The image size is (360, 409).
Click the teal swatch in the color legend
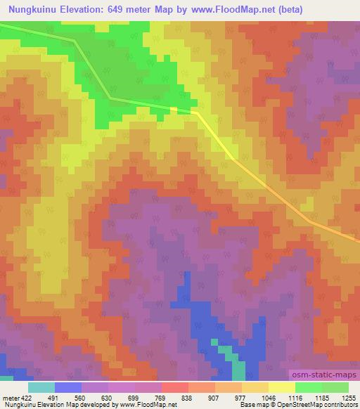[41, 387]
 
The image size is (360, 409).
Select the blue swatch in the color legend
[68, 387]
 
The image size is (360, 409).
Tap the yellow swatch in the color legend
[282, 387]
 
